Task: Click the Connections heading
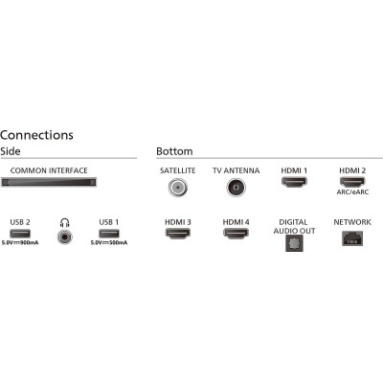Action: point(36,135)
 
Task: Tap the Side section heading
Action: point(11,151)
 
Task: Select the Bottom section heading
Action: point(174,151)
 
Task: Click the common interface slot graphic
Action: point(49,183)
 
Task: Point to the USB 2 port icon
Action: point(20,234)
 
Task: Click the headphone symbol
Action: point(65,222)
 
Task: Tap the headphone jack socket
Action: point(64,237)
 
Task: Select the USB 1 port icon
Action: point(109,234)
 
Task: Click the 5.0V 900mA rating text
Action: point(20,243)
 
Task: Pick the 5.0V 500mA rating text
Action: point(109,243)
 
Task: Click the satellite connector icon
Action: point(178,188)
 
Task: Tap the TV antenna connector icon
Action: point(237,188)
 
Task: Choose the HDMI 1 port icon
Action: point(294,182)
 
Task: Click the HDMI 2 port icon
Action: point(352,182)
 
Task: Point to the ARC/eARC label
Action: point(352,192)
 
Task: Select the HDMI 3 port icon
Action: point(178,234)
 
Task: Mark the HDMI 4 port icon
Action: point(236,234)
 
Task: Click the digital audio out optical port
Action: point(294,243)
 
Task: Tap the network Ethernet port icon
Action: point(352,238)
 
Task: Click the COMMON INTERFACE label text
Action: point(49,170)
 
